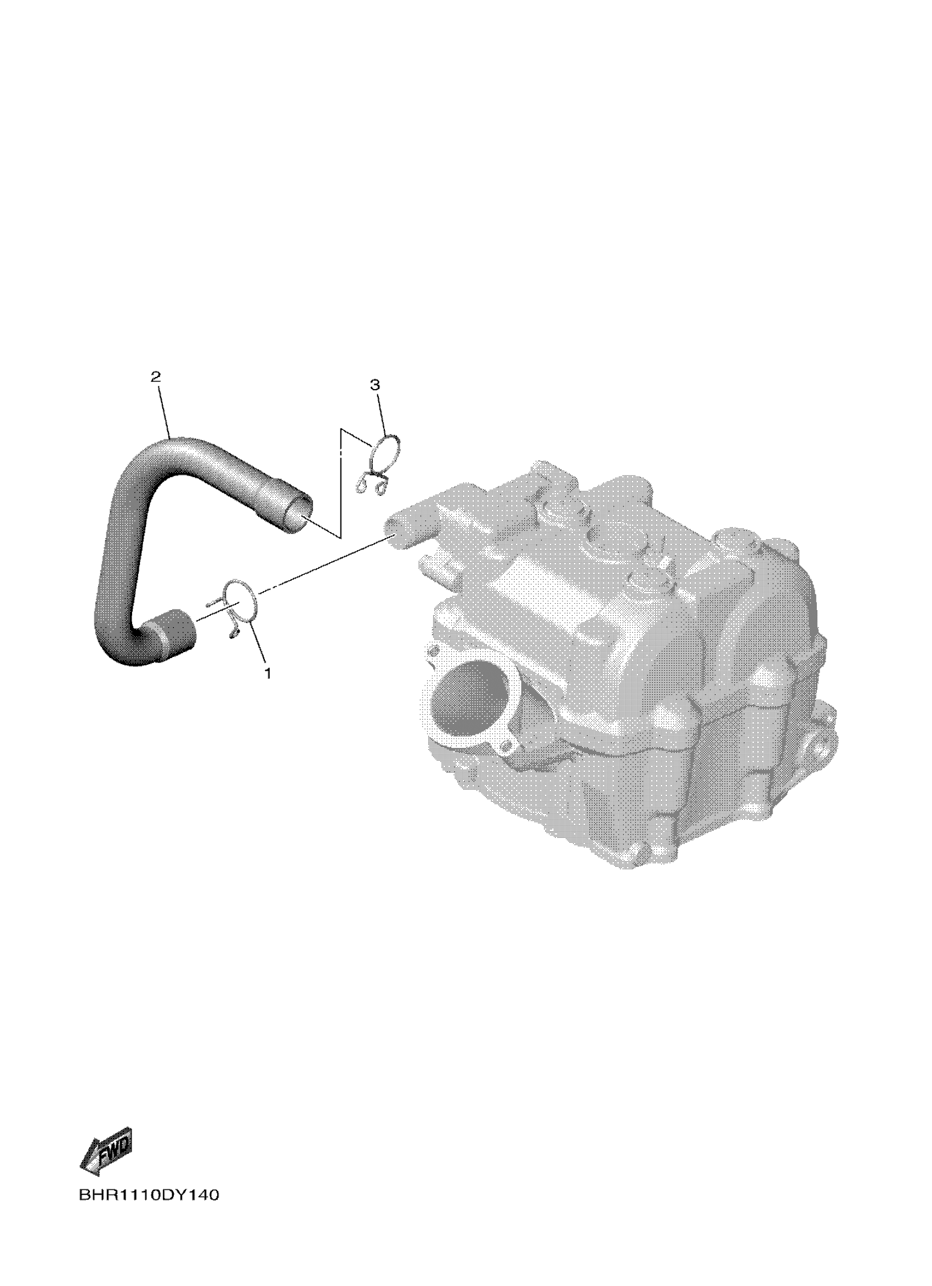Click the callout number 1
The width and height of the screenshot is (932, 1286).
(266, 674)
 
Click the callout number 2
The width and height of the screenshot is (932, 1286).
(156, 376)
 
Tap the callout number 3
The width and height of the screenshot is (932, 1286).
(374, 385)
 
